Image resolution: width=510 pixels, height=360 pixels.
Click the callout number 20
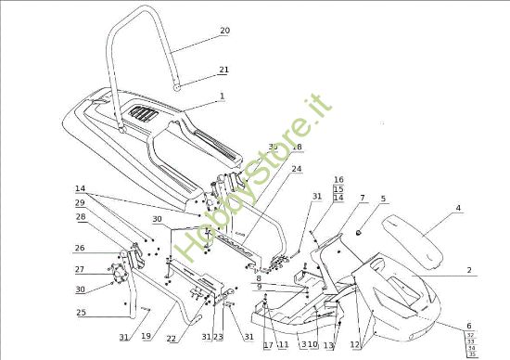coord(224,31)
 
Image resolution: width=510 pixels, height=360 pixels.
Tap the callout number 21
coord(223,70)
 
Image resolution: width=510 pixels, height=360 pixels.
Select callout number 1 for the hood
coord(223,96)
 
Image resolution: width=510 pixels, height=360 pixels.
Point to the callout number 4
coord(457,208)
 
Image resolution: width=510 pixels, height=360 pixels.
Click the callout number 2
coord(469,269)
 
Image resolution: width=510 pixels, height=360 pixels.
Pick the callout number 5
coord(383,198)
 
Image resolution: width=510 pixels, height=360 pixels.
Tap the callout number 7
coord(363,198)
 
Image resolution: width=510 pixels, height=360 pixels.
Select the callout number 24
coord(297,170)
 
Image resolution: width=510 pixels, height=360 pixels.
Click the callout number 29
coord(81,202)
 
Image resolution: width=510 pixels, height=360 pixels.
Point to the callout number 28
coord(81,216)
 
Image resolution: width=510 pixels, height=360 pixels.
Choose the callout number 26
coord(80,248)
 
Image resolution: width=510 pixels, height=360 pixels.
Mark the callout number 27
coord(80,270)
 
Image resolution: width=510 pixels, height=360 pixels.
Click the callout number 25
coord(81,313)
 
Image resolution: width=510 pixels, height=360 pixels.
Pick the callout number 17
coord(268,345)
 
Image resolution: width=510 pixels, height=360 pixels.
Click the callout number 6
coord(469,326)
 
